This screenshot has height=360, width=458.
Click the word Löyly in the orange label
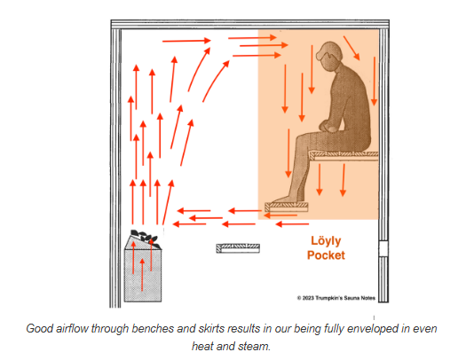(x=326, y=241)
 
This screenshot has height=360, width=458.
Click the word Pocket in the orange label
(x=326, y=255)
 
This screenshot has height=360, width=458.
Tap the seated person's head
(x=329, y=56)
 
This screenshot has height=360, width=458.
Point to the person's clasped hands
(x=328, y=126)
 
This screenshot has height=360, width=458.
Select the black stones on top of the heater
(x=146, y=238)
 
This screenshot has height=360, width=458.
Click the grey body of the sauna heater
(x=143, y=275)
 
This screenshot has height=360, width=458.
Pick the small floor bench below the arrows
(x=238, y=248)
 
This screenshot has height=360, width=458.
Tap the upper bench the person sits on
(x=343, y=155)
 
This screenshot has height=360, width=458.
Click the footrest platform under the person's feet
(x=287, y=207)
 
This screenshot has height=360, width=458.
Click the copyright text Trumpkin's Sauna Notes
(x=345, y=298)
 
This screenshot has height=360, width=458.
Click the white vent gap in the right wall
(x=383, y=248)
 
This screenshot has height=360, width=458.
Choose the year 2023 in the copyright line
(x=308, y=298)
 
